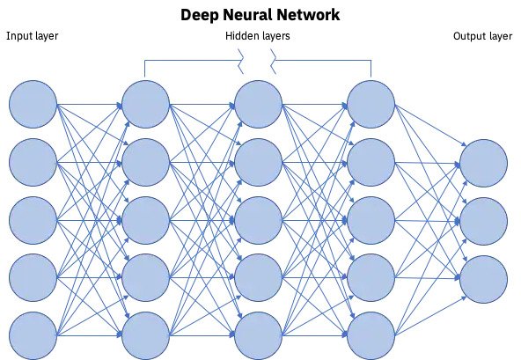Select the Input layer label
click(33, 36)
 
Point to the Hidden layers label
click(258, 36)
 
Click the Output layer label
click(482, 36)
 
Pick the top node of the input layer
click(33, 104)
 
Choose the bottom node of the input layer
click(33, 335)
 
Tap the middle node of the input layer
click(33, 220)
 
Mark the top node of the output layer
click(484, 163)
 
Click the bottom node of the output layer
click(484, 279)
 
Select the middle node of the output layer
click(484, 222)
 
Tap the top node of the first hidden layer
click(145, 104)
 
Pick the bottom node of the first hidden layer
click(145, 335)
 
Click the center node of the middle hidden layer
click(258, 220)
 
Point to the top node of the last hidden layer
click(371, 104)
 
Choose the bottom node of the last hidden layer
click(371, 335)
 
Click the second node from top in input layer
click(33, 163)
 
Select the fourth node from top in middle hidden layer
click(258, 277)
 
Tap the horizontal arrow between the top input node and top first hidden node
click(90, 105)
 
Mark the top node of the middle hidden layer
click(258, 104)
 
